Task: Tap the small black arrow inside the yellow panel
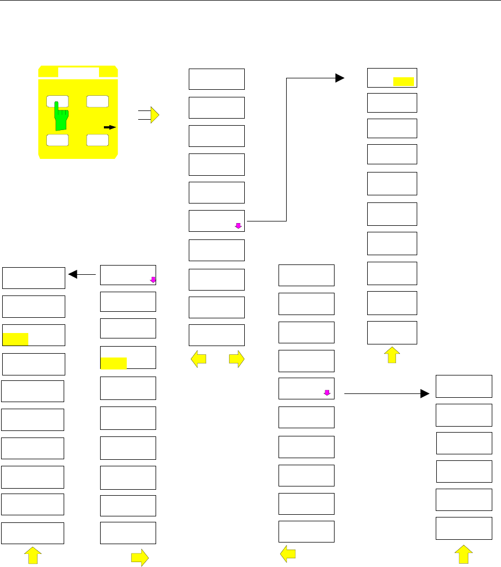(x=110, y=127)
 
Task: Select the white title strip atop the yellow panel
(x=78, y=72)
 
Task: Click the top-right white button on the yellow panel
(x=97, y=101)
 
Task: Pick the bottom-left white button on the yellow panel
(x=57, y=139)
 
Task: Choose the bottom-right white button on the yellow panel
(x=97, y=139)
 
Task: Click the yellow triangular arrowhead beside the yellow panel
(x=155, y=115)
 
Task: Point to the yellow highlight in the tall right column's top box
(x=404, y=82)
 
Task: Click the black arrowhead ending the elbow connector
(x=340, y=78)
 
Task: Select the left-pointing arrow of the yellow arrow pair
(x=199, y=359)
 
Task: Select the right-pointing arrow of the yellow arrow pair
(x=236, y=359)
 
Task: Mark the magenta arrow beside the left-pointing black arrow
(x=153, y=280)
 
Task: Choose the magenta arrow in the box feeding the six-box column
(x=326, y=391)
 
